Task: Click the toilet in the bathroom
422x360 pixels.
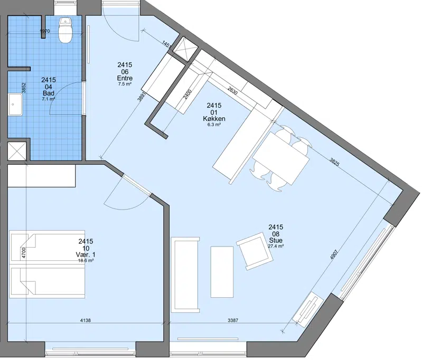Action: [65, 30]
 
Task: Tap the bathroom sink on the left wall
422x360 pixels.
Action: [15, 105]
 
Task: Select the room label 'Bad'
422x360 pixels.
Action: [49, 93]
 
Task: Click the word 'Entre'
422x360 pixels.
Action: [125, 78]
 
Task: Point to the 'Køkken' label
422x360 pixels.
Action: [214, 119]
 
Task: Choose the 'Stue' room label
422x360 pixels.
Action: [276, 240]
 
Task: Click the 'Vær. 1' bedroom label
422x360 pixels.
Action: [86, 254]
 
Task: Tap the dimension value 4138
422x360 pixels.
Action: [86, 320]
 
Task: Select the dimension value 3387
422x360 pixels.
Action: [233, 320]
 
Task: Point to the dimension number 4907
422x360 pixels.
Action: [334, 255]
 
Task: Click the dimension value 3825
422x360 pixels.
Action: [334, 162]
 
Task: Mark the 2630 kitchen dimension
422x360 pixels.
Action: [232, 90]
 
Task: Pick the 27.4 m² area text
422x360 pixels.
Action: [276, 246]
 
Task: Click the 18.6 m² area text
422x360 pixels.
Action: [86, 260]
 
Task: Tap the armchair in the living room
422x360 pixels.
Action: [255, 251]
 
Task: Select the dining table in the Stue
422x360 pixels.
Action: [280, 158]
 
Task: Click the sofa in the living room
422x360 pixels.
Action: [185, 274]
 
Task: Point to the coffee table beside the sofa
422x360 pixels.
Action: [222, 272]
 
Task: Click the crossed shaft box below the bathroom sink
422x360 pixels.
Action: [17, 151]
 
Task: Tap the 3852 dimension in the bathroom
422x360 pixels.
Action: [24, 88]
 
